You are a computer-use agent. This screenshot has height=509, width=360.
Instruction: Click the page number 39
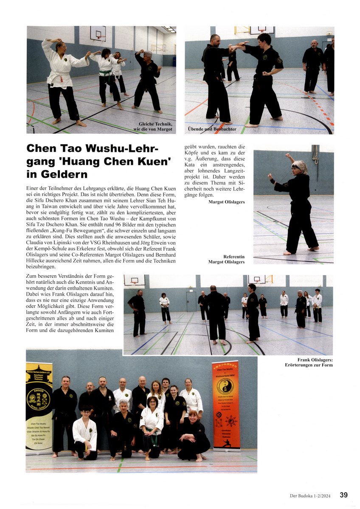click(343, 495)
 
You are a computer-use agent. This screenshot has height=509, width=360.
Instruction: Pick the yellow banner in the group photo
click(39, 407)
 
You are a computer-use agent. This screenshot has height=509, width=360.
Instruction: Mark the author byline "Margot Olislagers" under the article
click(226, 202)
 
